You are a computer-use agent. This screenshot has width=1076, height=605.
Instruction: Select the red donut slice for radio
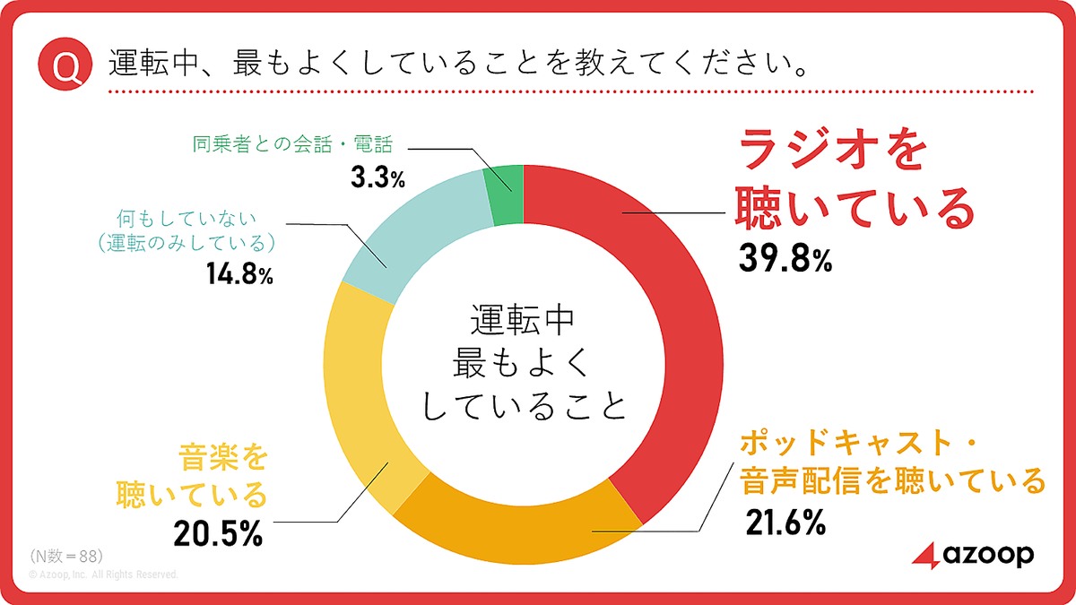pos(664,296)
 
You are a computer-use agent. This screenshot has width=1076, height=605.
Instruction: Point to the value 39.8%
pos(785,259)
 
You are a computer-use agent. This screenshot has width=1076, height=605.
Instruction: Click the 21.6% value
pos(785,523)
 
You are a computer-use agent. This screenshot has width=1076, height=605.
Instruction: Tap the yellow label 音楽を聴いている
pos(216,475)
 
